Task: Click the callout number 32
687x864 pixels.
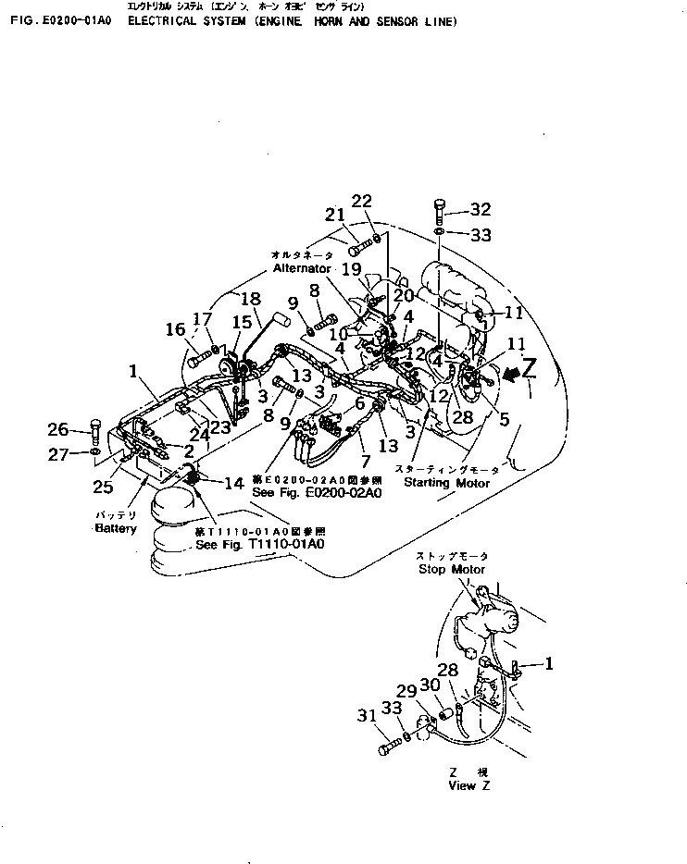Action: pos(481,209)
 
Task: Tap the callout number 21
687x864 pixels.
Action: pos(334,215)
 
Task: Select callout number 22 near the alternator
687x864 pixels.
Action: pos(362,202)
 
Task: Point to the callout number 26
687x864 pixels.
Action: pos(58,429)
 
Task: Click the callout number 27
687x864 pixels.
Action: pos(58,453)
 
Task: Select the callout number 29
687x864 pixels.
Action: pos(406,691)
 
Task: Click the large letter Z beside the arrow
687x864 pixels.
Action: pos(529,370)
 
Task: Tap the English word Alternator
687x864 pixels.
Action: pos(302,268)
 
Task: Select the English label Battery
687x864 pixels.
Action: pos(116,528)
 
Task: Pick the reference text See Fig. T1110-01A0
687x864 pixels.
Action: pos(260,545)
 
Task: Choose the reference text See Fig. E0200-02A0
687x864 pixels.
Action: pos(315,493)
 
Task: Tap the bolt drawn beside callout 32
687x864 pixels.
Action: pos(439,211)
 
